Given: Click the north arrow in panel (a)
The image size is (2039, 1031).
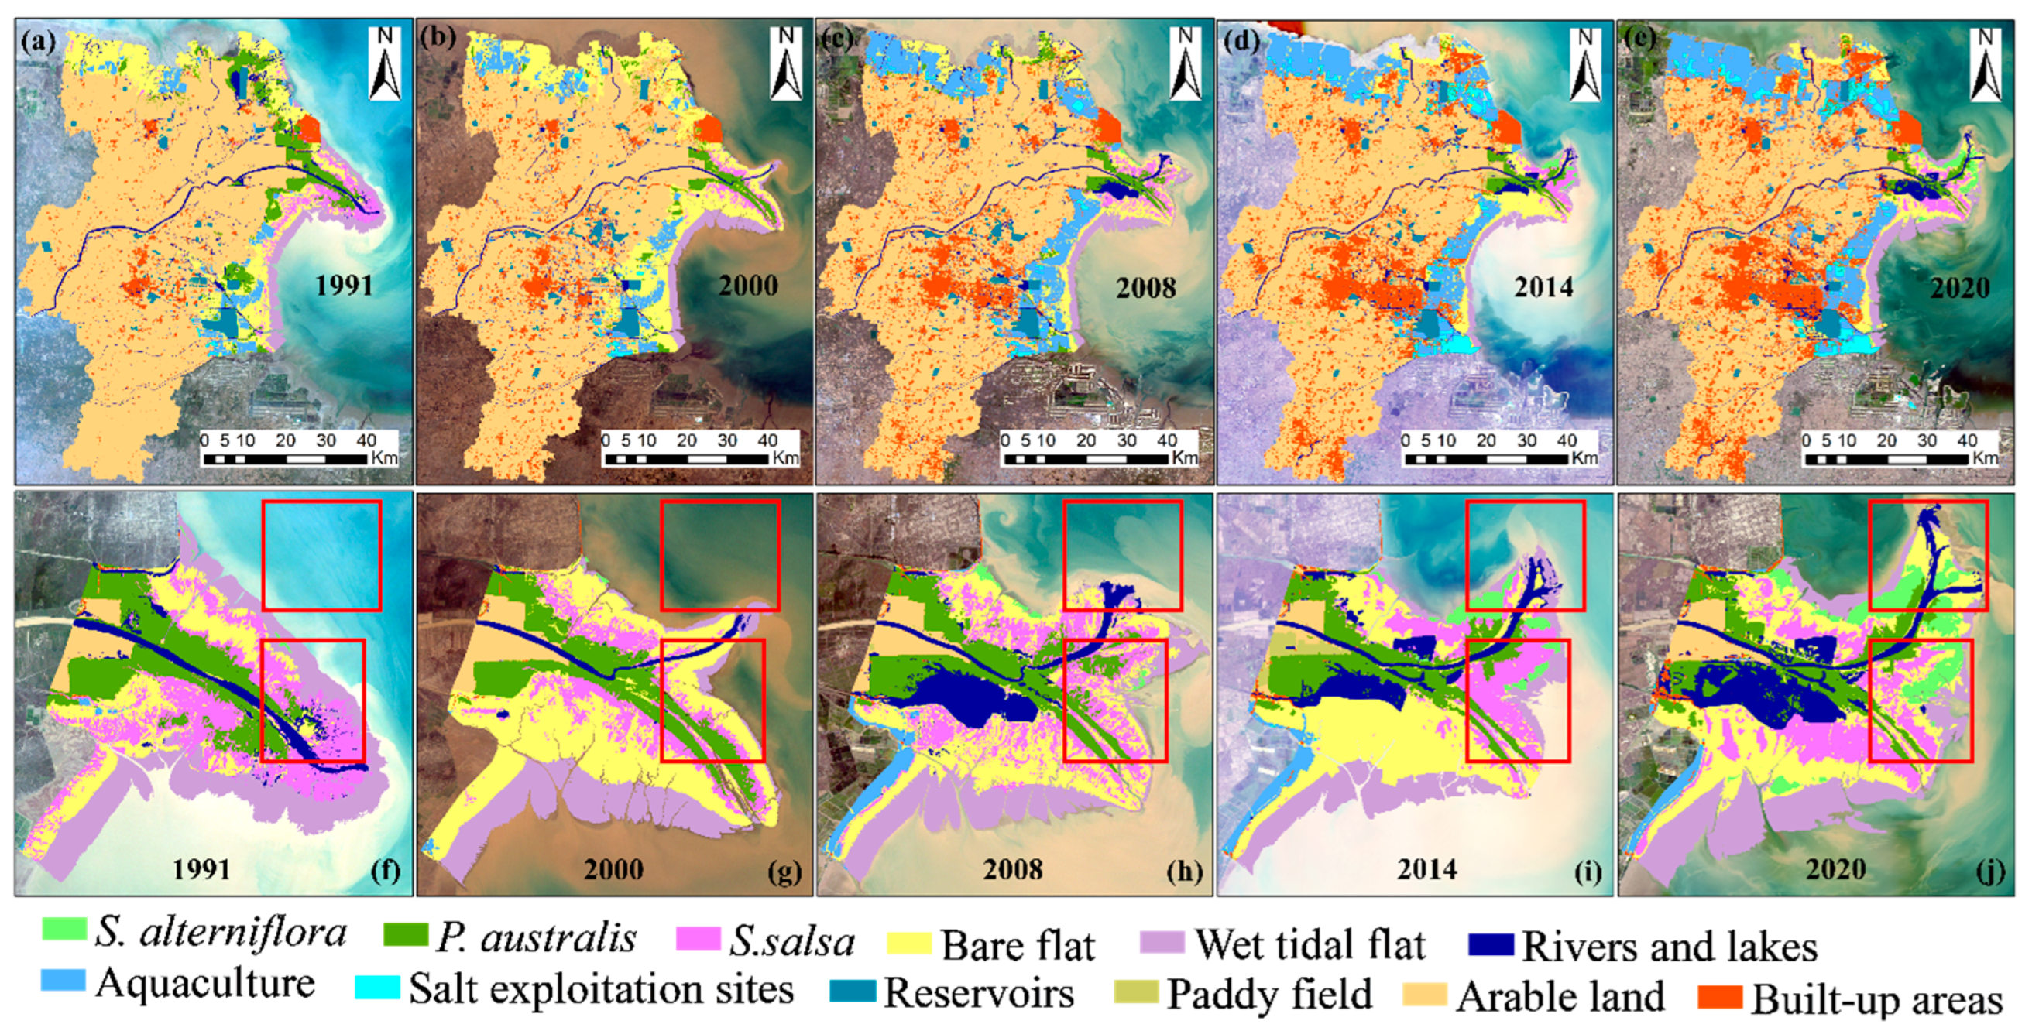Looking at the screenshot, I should point(385,63).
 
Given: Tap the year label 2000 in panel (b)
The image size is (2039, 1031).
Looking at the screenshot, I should point(747,285).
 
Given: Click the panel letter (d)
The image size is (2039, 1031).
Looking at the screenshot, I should point(1241,39).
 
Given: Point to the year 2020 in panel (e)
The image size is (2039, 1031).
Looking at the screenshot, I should point(1959,287).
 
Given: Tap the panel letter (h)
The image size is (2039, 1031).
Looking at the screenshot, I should point(1184,872).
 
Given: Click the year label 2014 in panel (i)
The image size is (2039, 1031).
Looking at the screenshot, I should point(1426,868).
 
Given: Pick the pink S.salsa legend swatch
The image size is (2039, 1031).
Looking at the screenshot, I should point(699,939).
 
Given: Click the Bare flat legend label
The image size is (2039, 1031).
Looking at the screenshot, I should point(1018,946).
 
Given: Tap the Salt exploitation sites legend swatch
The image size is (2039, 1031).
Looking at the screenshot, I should point(377,988).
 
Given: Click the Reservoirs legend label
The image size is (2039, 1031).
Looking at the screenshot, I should point(978,993).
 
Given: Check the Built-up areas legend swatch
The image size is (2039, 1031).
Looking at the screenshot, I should point(1720,997).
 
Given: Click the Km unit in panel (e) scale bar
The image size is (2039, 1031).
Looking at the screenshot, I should point(1984,458).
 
